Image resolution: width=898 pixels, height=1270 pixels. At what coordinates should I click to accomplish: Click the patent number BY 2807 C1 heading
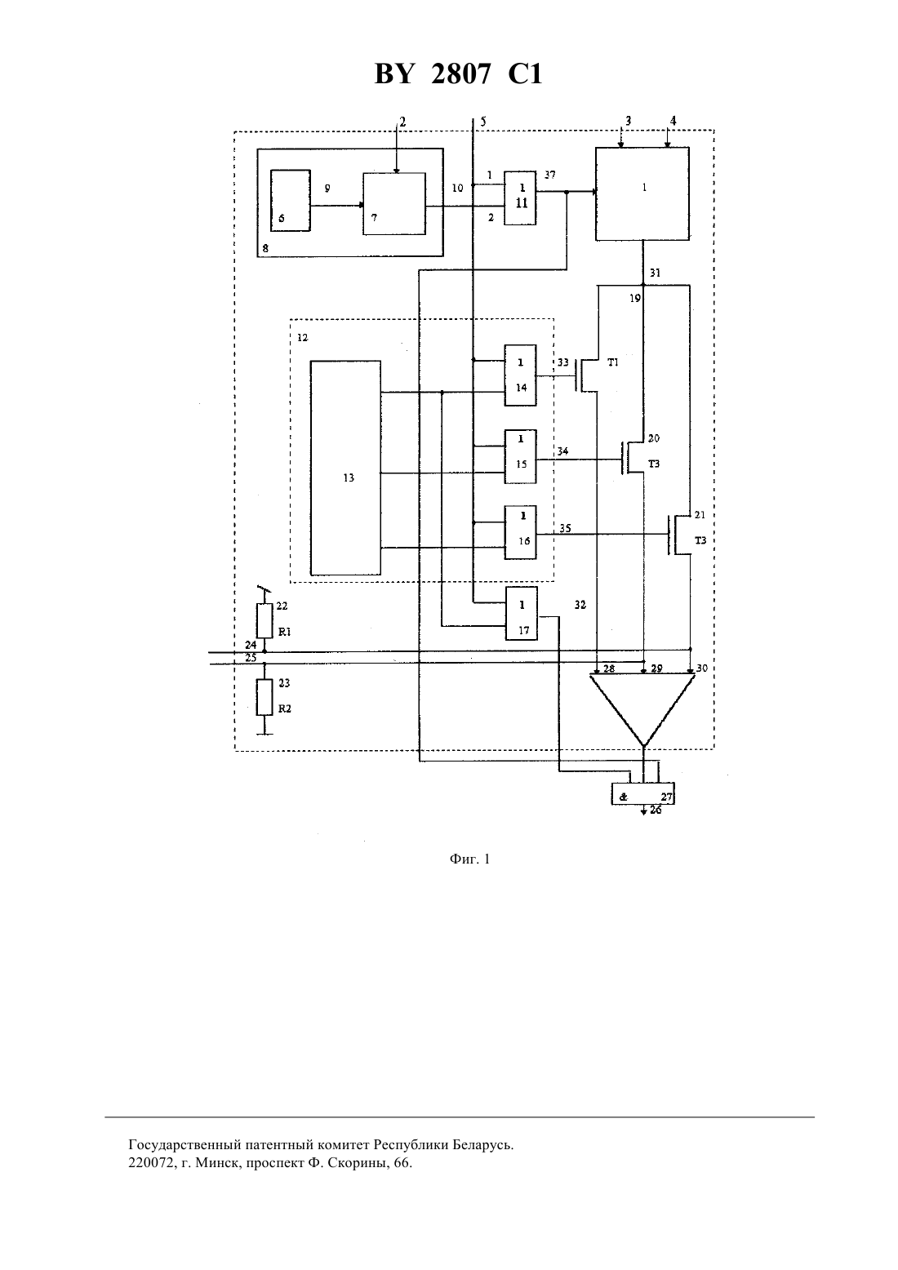click(x=458, y=73)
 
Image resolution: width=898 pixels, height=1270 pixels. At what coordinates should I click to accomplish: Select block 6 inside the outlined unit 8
click(x=291, y=200)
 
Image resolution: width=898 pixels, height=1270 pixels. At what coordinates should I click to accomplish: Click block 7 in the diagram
click(x=394, y=203)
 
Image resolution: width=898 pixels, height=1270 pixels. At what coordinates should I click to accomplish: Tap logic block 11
click(x=521, y=198)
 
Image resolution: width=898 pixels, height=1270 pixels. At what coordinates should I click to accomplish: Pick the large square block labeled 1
click(x=642, y=194)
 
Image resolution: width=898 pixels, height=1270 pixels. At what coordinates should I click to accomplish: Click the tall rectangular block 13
click(x=345, y=468)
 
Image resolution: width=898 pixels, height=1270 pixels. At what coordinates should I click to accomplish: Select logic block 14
click(x=521, y=375)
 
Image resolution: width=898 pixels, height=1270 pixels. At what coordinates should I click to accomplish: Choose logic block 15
click(x=521, y=456)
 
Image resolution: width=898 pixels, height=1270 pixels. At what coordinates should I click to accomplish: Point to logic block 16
click(x=521, y=532)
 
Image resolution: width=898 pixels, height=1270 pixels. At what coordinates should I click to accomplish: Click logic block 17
click(x=522, y=614)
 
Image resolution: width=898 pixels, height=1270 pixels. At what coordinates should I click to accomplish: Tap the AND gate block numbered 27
click(x=643, y=793)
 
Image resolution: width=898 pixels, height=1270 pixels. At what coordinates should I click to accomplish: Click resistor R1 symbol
click(x=265, y=621)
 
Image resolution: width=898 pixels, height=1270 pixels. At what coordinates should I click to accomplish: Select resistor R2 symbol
click(x=265, y=697)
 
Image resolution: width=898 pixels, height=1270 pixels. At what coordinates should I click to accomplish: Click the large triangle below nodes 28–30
click(x=642, y=709)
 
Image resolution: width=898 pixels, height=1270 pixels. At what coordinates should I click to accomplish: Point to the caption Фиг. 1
click(x=469, y=859)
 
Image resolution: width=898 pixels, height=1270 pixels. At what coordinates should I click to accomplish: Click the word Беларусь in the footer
click(x=482, y=1144)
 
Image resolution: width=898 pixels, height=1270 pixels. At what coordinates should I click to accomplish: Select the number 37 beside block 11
click(x=550, y=175)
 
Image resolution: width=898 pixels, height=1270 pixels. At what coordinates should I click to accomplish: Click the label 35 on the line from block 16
click(x=565, y=528)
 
